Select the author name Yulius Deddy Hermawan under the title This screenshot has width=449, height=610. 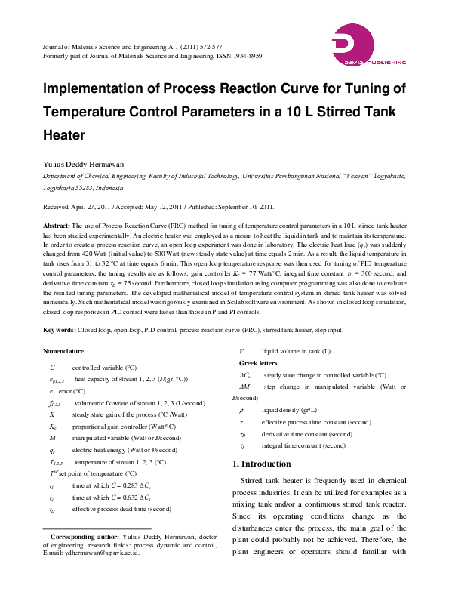click(86, 162)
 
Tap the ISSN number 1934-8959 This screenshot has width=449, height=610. click(245, 56)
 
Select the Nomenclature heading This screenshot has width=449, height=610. click(63, 351)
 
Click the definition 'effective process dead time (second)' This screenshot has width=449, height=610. click(122, 509)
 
